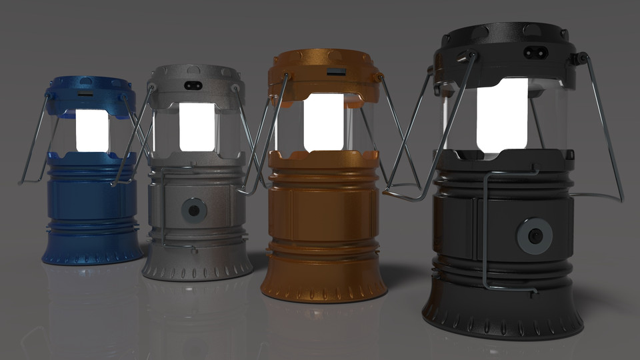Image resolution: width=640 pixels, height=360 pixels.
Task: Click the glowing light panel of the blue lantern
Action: click(x=93, y=130)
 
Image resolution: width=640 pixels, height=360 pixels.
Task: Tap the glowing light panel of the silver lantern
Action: click(x=197, y=127)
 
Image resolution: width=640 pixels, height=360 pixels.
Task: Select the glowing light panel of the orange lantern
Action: click(x=324, y=121)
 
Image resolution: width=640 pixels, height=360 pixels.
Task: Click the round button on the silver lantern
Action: click(x=194, y=211)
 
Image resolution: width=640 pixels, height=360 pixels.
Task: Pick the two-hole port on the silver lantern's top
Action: click(x=195, y=85)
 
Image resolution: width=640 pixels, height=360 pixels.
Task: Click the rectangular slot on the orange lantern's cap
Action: click(x=337, y=71)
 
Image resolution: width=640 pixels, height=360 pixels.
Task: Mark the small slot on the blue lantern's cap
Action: click(x=85, y=95)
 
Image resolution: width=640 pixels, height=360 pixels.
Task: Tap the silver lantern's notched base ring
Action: click(x=197, y=269)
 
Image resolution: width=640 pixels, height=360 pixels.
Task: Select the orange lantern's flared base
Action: click(x=323, y=283)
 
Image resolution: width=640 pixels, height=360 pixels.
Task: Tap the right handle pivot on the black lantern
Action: click(x=583, y=59)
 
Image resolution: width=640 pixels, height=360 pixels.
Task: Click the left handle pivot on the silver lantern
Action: click(x=152, y=87)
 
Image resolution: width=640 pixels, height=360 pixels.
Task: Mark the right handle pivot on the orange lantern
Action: click(x=380, y=77)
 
